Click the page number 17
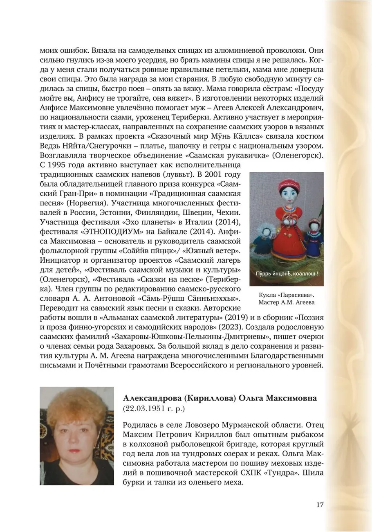point(320,505)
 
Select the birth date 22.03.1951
point(143,408)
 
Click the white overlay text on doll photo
point(287,273)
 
